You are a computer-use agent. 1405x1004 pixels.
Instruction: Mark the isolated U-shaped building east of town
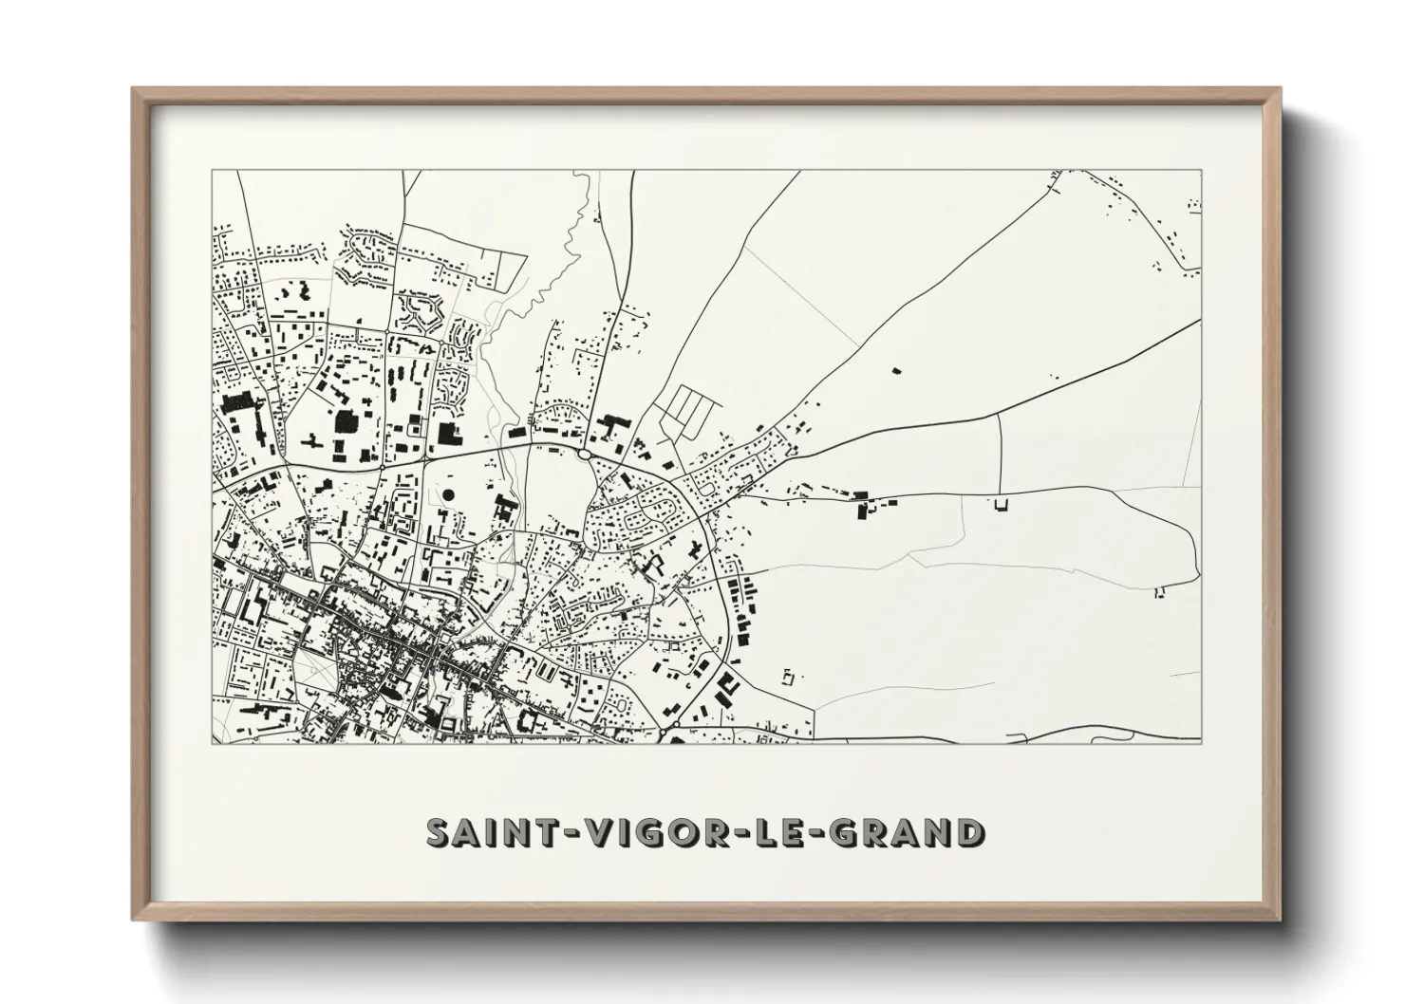(x=1000, y=505)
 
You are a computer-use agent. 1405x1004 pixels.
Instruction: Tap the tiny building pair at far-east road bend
(x=1158, y=592)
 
